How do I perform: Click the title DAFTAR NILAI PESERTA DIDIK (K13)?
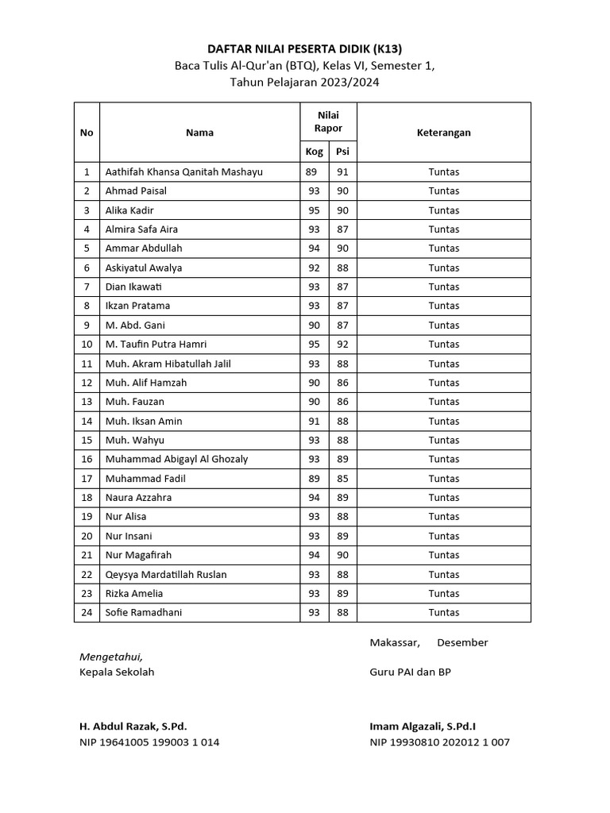(x=305, y=48)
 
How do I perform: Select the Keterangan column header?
(x=443, y=133)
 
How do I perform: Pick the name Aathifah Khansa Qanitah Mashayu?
(x=183, y=171)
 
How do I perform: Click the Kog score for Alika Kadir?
(x=315, y=210)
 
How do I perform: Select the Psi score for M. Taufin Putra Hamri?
(x=342, y=345)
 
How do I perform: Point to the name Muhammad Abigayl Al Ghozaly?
(x=176, y=459)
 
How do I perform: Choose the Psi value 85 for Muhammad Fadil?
(x=342, y=479)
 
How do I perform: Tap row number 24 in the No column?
(x=87, y=612)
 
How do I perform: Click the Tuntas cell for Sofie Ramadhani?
(x=443, y=612)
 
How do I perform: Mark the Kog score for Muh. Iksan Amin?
(x=315, y=421)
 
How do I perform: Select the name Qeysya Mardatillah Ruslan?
(x=166, y=574)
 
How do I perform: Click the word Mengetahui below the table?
(x=111, y=657)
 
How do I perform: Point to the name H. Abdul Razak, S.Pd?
(x=133, y=726)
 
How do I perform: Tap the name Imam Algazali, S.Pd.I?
(x=423, y=726)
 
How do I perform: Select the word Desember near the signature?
(x=462, y=642)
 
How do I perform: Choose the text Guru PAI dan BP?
(x=410, y=672)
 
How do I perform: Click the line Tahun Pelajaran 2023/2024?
(x=305, y=82)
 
